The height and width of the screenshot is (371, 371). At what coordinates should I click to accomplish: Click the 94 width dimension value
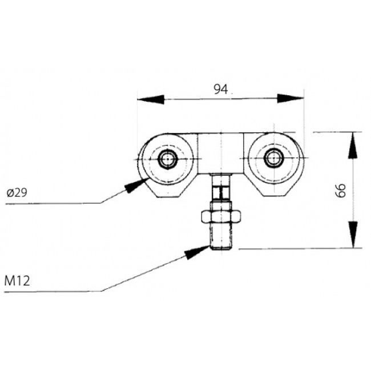click(220, 88)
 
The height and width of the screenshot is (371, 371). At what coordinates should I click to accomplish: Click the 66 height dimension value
click(341, 190)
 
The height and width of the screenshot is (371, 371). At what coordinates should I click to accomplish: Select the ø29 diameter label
click(17, 193)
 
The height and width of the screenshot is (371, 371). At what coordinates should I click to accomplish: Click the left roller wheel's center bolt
click(167, 159)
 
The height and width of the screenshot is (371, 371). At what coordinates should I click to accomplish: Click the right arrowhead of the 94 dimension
click(291, 99)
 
